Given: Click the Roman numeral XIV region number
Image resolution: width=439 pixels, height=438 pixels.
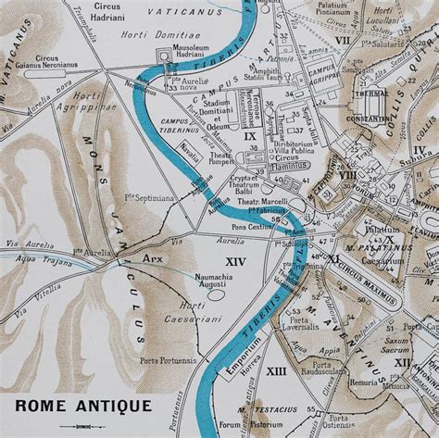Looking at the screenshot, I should (x=235, y=262).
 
